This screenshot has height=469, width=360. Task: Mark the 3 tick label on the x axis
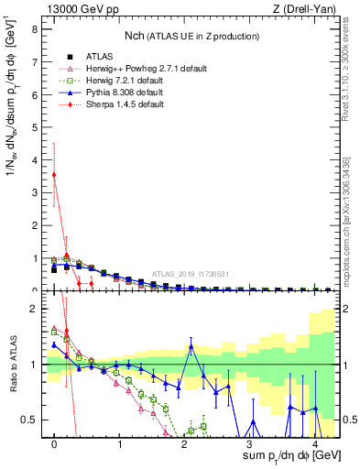point(249,444)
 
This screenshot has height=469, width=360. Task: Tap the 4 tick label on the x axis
point(314,444)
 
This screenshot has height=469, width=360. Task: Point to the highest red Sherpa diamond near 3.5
point(55,174)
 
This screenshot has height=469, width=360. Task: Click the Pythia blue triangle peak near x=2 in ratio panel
point(191,346)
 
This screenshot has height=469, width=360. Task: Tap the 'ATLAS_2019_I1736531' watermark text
point(191,273)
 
